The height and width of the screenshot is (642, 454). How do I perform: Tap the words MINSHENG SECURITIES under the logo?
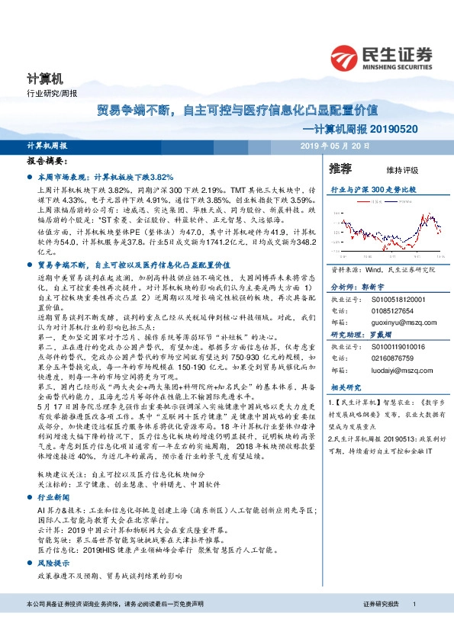coord(397,66)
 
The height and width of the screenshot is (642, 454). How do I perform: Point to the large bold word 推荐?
coord(340,169)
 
